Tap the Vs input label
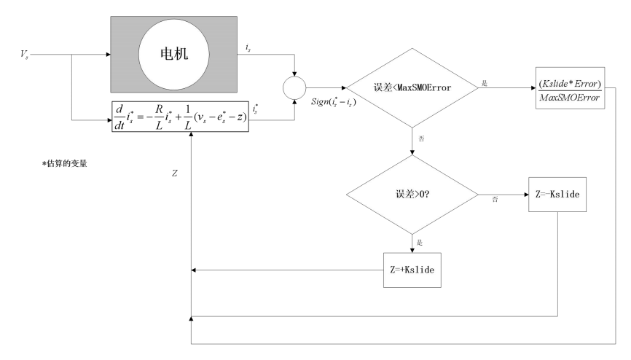tap(25, 55)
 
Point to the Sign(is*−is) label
tap(334, 102)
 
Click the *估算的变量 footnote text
tap(65, 163)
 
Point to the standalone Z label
tap(175, 173)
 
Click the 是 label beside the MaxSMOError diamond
tap(485, 83)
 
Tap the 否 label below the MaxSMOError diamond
tap(421, 139)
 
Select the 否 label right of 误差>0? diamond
tap(495, 200)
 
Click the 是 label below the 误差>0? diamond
tap(420, 243)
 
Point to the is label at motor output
tap(248, 48)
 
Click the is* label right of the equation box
tap(256, 109)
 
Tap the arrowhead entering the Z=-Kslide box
tap(526, 195)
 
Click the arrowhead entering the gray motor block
tap(109, 55)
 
